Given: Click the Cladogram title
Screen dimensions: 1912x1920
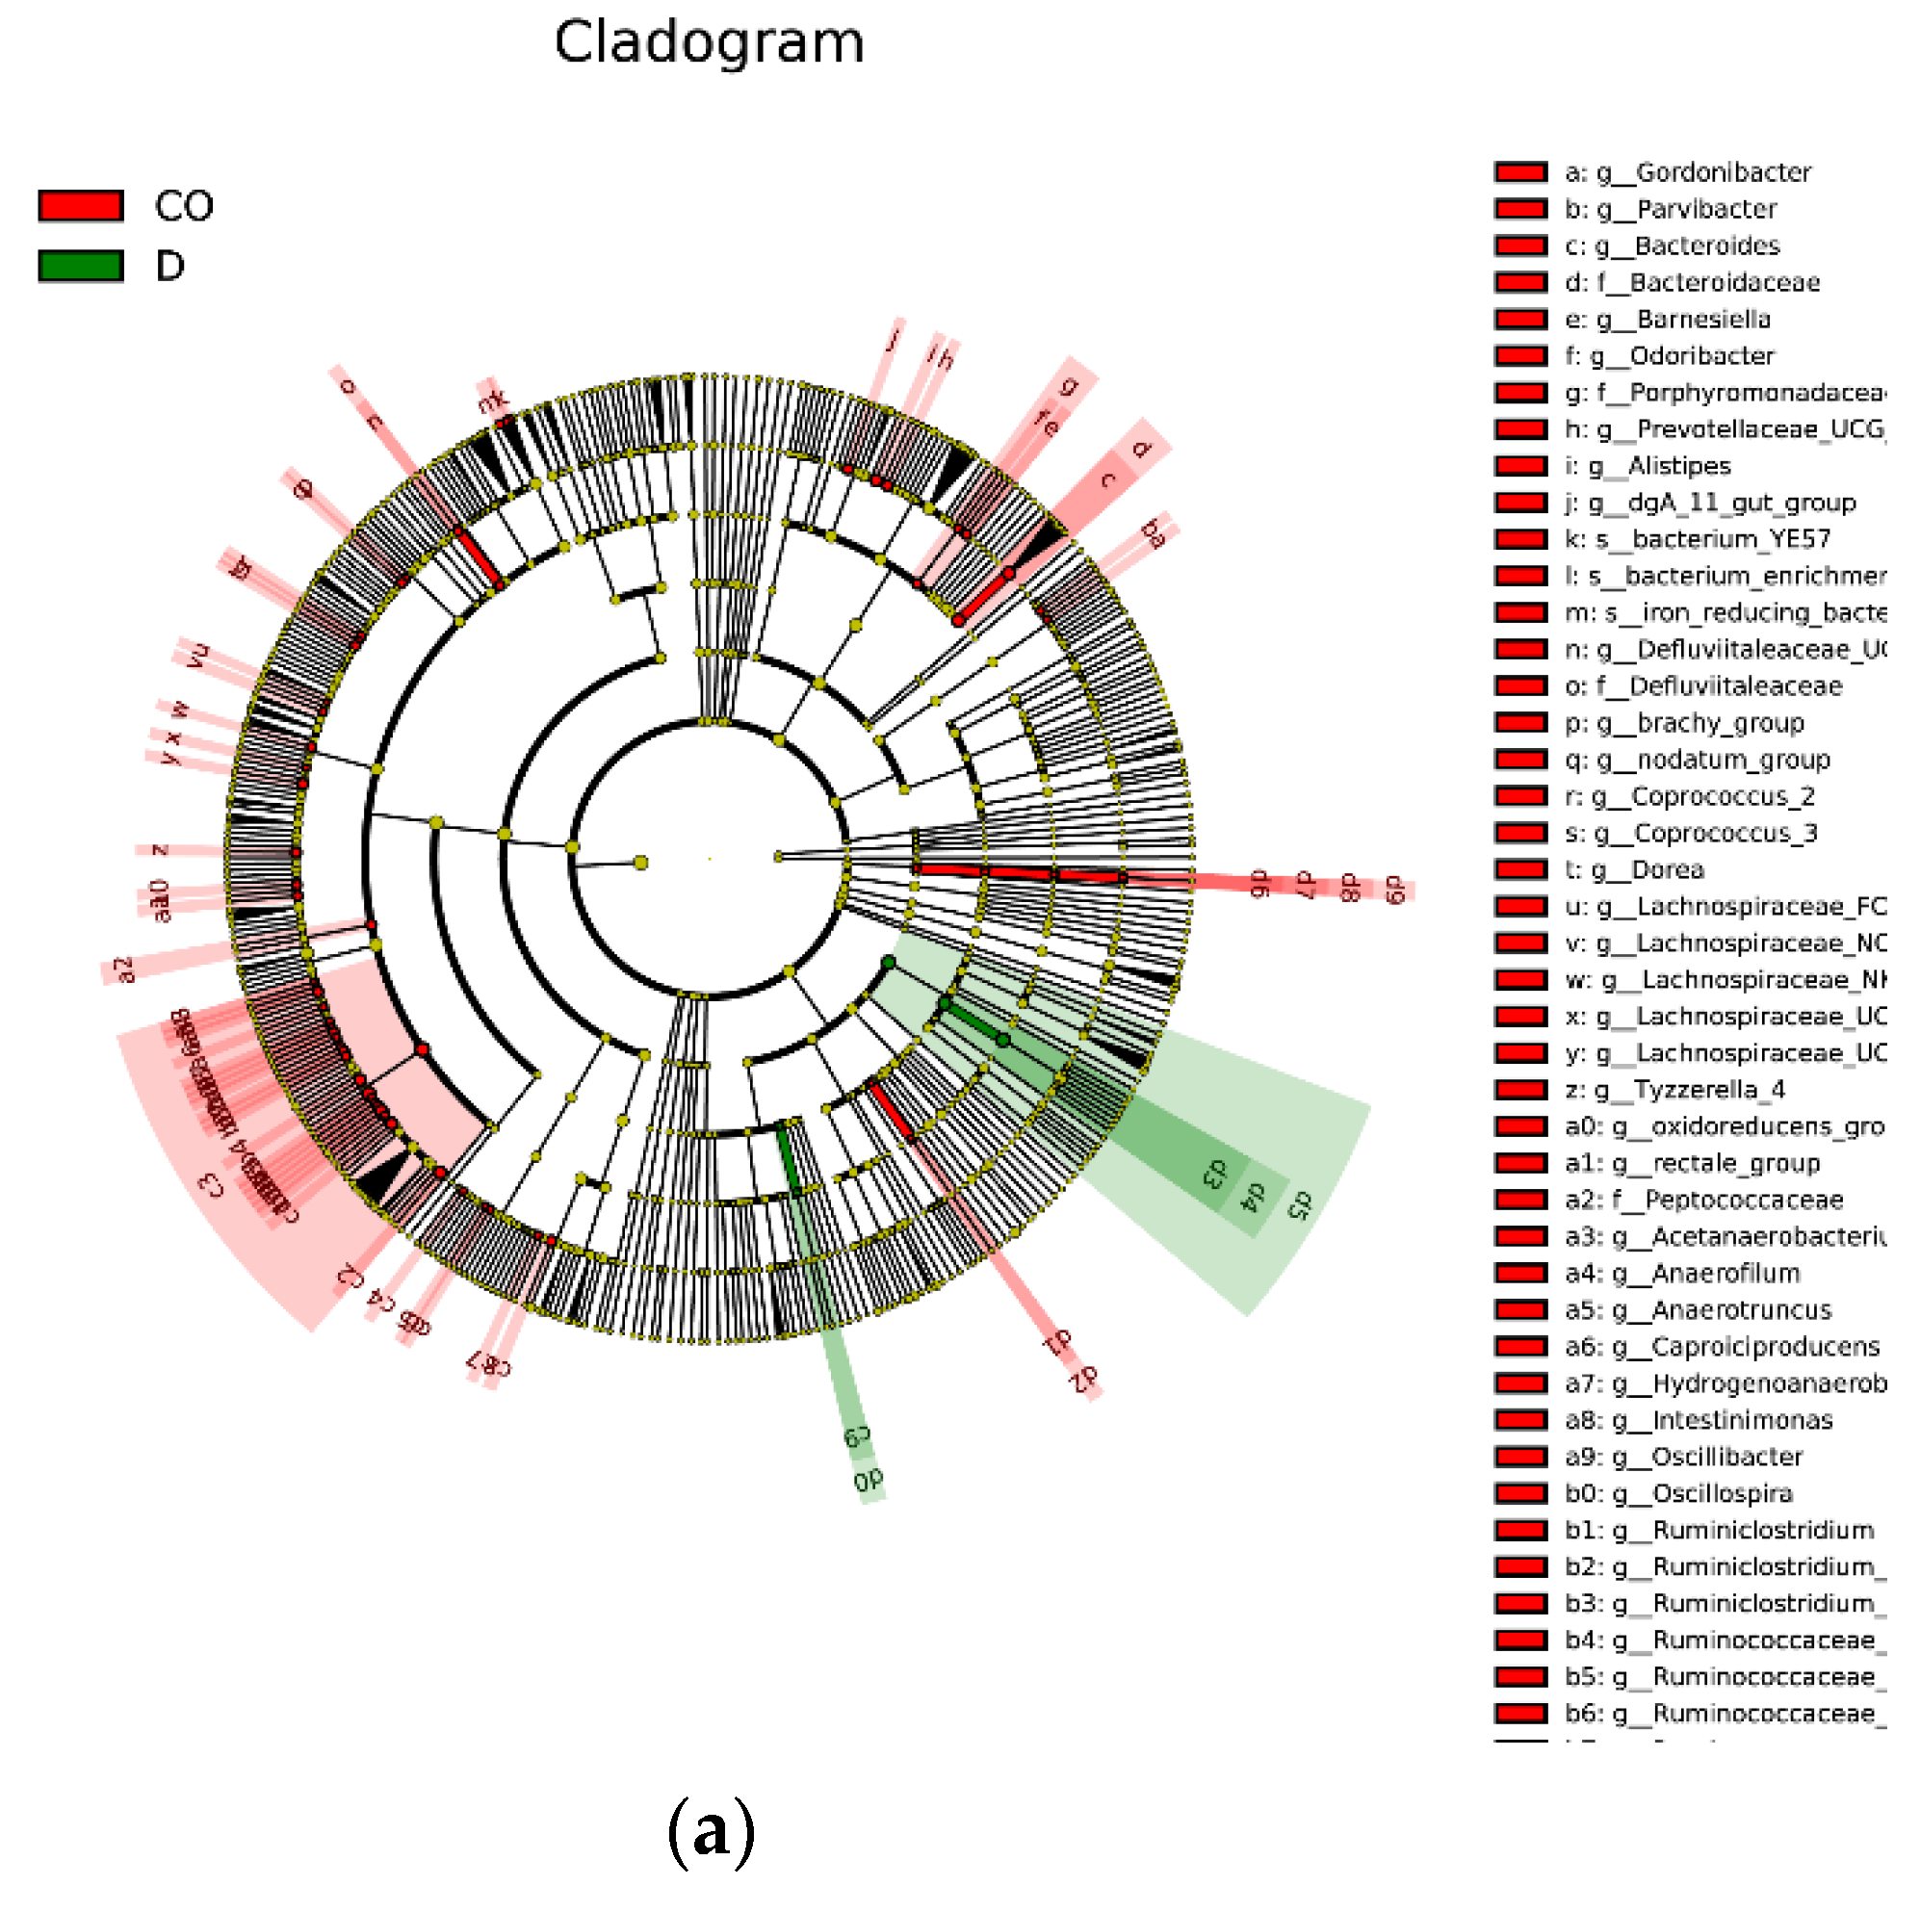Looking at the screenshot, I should (709, 42).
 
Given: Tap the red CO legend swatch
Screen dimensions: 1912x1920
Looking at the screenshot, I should (81, 206).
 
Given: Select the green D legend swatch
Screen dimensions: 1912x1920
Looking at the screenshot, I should (81, 266).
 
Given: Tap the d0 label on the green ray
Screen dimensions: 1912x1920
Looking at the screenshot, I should (867, 1480).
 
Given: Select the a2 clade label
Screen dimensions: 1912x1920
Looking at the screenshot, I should (123, 969).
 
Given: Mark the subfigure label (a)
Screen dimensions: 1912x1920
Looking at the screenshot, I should (711, 1830).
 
